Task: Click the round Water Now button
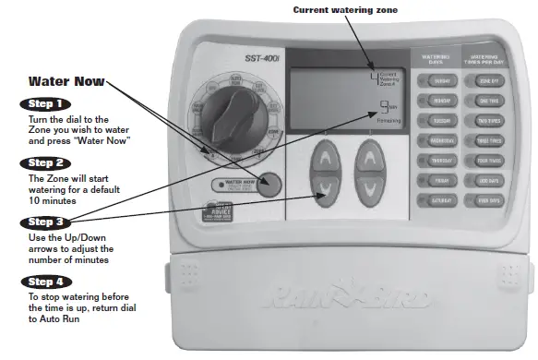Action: (269, 183)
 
